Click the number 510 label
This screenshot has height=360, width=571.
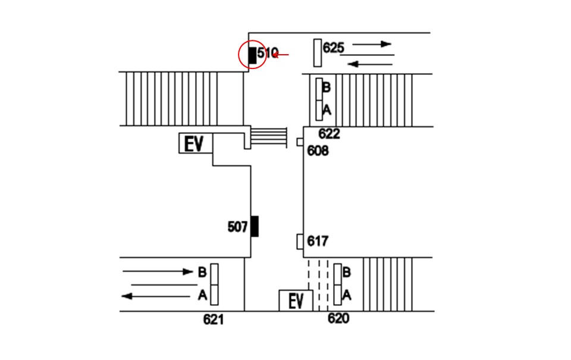pos(268,53)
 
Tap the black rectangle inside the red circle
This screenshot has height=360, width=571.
pos(252,55)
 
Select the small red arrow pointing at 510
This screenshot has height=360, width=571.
pos(280,55)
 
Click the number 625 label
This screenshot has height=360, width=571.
pos(333,48)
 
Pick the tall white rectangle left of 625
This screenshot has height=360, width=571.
pos(318,53)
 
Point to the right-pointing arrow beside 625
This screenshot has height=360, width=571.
pos(372,44)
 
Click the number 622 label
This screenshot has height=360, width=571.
pos(329,134)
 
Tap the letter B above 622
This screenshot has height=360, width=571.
pos(327,87)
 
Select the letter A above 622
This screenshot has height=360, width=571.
pos(327,109)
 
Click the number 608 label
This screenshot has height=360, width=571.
pos(318,151)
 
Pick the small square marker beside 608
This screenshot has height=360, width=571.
pos(300,142)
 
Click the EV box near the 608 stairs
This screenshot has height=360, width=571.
pos(196,143)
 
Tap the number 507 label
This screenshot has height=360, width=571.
pos(237,227)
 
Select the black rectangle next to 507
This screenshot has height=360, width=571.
pos(255,226)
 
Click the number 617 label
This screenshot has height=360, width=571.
pos(318,241)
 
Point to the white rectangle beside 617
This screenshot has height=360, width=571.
pos(300,242)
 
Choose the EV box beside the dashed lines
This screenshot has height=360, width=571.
pos(296,300)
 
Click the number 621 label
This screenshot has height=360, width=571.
pos(214,320)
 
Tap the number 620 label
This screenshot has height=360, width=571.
pos(338,318)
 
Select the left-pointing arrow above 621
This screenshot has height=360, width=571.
pos(155,296)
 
